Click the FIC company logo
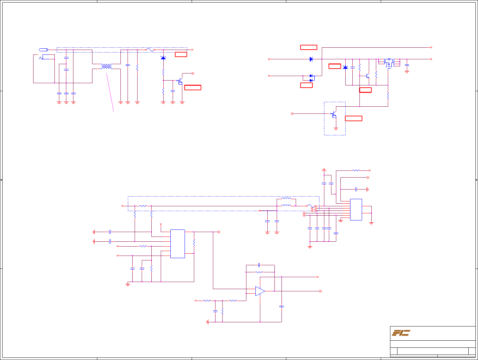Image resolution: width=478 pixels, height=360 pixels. (401, 333)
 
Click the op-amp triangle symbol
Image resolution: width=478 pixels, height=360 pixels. (260, 291)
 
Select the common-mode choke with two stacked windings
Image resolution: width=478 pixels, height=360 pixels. (106, 66)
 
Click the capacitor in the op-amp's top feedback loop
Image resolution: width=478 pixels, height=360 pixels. (259, 265)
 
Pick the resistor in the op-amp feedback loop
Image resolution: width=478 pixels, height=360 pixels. (259, 272)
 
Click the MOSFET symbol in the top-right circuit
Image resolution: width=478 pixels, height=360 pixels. (388, 62)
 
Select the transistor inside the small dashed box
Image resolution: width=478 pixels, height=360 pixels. (334, 114)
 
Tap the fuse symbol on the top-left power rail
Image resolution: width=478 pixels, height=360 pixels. (150, 50)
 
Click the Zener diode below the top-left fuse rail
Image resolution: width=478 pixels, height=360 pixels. (163, 58)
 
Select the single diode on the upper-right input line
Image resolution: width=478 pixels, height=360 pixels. (311, 59)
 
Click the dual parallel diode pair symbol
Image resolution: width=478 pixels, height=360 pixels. (311, 78)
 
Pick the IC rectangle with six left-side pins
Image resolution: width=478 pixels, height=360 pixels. (177, 244)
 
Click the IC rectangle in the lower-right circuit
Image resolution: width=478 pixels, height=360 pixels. (356, 209)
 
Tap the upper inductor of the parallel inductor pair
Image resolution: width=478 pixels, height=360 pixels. (286, 199)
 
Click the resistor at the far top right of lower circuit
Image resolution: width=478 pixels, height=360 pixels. (356, 170)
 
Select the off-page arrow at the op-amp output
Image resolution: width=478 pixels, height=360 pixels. (320, 291)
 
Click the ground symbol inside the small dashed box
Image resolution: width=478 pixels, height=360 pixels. (336, 128)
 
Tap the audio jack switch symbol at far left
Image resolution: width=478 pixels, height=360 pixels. (41, 58)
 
